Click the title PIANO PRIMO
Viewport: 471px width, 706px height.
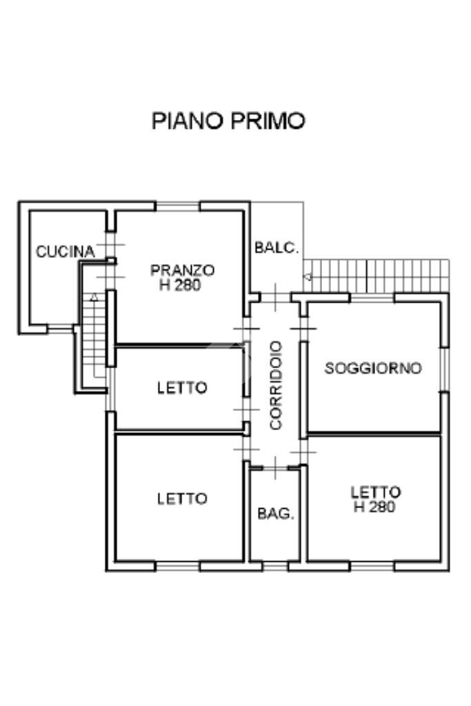[x=228, y=121]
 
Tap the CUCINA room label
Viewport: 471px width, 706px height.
[x=65, y=252]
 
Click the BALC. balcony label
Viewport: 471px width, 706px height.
[x=277, y=248]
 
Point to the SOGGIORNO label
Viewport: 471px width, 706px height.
[x=372, y=368]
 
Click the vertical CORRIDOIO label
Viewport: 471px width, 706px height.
[x=276, y=385]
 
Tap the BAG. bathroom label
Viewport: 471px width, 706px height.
[x=276, y=514]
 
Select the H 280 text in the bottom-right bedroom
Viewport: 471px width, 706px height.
[x=374, y=507]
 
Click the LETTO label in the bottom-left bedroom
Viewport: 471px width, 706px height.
[x=182, y=498]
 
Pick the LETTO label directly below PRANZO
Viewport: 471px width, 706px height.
[x=182, y=387]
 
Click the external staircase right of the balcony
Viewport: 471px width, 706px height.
[x=377, y=276]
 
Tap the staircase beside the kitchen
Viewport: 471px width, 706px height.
[x=92, y=338]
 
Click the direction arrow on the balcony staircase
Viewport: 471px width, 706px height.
[x=308, y=277]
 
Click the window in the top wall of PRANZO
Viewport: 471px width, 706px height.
[x=178, y=205]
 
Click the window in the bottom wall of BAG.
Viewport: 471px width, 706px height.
[x=275, y=566]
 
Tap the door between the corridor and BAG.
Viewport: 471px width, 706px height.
[x=275, y=468]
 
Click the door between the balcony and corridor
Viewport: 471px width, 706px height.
[x=275, y=297]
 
